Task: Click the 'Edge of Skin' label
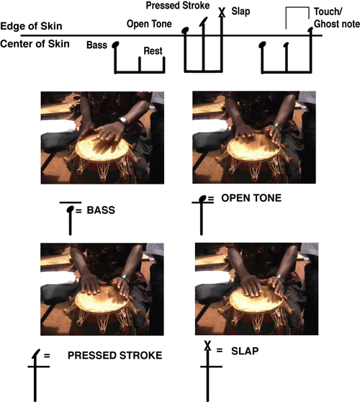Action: pos(31,26)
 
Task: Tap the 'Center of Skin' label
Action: pos(35,44)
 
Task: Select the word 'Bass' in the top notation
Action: pos(97,45)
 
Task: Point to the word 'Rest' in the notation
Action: pos(153,50)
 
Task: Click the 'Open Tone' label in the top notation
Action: pos(149,24)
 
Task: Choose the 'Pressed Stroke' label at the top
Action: pos(178,6)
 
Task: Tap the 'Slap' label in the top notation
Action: pos(240,12)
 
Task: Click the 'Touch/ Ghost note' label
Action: pos(337,18)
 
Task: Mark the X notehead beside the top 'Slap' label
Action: pos(222,12)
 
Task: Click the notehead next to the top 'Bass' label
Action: pos(115,45)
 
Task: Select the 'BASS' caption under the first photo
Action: pos(101,210)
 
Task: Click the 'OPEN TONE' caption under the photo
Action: pos(251,198)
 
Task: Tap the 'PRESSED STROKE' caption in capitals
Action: pos(114,355)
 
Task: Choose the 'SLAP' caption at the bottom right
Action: pos(245,351)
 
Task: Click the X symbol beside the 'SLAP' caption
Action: pos(207,345)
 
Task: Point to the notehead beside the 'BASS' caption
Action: pos(71,209)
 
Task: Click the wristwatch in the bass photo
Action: pos(123,120)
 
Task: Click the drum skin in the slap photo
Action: pos(256,300)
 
